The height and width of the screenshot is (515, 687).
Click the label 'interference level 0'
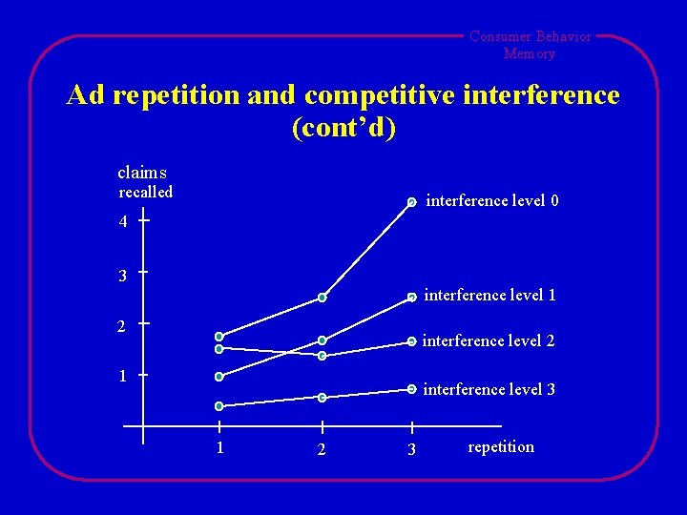(492, 201)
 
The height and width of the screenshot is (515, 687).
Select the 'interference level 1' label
(489, 296)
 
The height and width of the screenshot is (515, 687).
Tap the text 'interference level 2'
(489, 341)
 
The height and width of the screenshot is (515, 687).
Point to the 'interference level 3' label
(489, 389)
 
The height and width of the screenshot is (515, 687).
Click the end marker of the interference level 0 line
(411, 202)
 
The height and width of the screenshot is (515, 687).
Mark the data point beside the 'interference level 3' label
(411, 389)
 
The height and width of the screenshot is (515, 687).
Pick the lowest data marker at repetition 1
(219, 405)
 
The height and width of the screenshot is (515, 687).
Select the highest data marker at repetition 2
(323, 299)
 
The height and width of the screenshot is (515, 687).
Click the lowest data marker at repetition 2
(323, 397)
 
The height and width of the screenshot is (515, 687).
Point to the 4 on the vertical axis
(123, 222)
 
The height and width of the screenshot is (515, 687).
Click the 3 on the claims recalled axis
(123, 277)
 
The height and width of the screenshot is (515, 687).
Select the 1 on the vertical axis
(123, 376)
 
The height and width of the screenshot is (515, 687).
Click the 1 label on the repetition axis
(219, 447)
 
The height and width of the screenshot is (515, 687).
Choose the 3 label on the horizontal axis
(411, 449)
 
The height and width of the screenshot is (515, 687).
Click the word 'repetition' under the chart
(501, 447)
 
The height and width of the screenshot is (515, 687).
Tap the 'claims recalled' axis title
(144, 182)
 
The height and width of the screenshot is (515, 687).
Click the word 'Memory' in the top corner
(529, 53)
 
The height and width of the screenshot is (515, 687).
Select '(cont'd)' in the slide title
(343, 128)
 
